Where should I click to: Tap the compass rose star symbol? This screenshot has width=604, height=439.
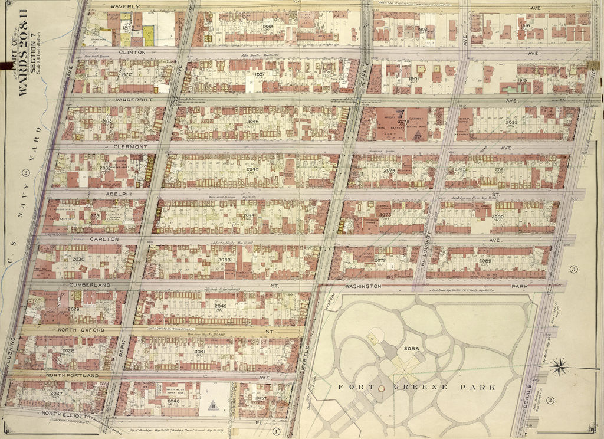coord(559,368)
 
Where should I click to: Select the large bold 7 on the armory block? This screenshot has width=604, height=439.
coord(399,114)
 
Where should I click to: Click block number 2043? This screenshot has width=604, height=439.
coord(224,260)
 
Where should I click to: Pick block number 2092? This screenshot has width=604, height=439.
coord(511,122)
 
